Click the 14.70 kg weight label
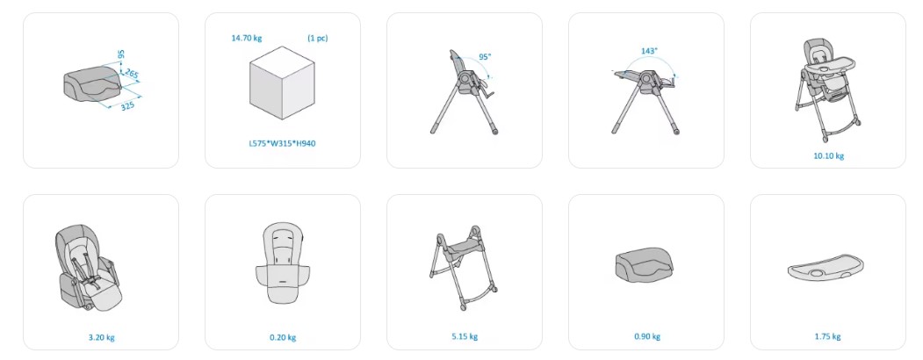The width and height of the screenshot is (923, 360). [247, 39]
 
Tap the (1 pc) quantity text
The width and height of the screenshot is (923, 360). [317, 39]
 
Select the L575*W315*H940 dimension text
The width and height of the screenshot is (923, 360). [282, 143]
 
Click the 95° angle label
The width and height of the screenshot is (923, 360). [485, 57]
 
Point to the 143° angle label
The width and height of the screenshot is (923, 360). [649, 51]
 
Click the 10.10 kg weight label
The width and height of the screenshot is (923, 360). [828, 156]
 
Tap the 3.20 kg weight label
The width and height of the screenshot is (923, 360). [101, 338]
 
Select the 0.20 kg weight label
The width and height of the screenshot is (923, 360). [283, 338]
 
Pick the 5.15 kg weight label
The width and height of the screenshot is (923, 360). [465, 336]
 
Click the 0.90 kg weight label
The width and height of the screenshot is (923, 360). [647, 336]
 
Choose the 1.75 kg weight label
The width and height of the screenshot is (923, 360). [827, 336]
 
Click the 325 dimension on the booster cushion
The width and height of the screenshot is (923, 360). [127, 105]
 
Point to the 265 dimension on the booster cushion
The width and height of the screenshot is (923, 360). [132, 74]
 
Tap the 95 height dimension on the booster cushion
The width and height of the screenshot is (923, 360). [120, 54]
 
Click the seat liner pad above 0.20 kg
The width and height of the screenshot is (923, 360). [283, 263]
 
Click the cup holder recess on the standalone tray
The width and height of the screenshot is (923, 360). [817, 274]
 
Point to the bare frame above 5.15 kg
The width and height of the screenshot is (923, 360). [464, 268]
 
